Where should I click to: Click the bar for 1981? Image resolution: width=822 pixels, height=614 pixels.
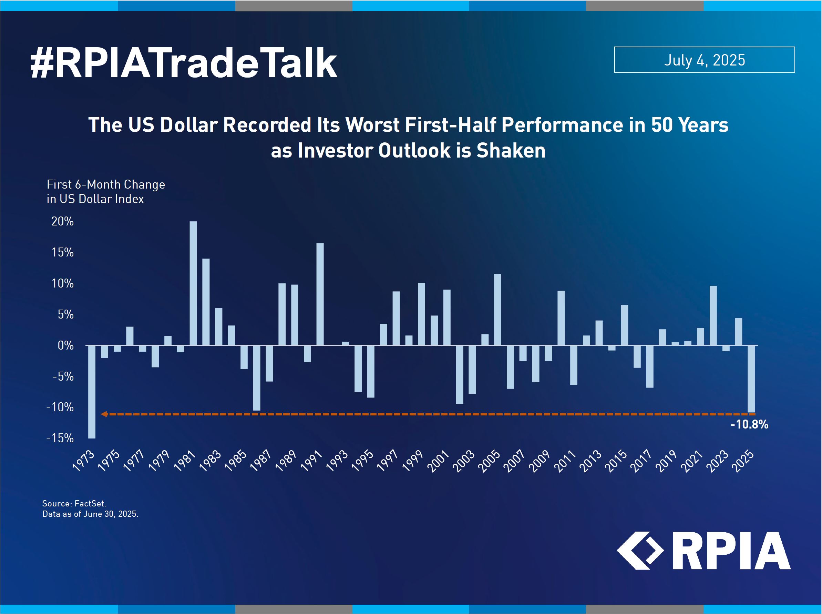point(193,283)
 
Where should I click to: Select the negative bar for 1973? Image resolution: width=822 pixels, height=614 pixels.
point(92,392)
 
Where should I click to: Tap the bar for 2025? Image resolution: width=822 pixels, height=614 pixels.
point(751,379)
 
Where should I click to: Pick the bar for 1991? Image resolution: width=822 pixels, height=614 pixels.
point(320,294)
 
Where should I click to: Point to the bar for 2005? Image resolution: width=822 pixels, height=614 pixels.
point(498,310)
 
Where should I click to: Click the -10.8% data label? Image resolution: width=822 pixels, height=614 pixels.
point(749,424)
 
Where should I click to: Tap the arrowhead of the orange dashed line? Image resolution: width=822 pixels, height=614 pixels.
point(104,414)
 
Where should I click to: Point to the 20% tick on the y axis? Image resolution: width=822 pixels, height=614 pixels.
point(62,222)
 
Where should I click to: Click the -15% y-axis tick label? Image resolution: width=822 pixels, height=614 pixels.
point(60,438)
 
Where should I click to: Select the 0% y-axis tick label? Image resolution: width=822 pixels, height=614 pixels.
point(66,346)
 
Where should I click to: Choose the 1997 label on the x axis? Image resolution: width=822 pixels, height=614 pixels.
point(387,461)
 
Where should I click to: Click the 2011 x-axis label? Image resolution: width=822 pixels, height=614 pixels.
point(565,461)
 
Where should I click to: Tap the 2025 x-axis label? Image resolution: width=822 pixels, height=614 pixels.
point(742,461)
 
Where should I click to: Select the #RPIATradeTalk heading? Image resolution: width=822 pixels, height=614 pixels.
point(184,63)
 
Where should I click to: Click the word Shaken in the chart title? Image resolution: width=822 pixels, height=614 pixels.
point(511,151)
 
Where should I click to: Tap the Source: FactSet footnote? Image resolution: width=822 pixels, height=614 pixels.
point(74,504)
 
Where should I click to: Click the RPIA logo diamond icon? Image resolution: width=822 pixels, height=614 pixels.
point(640,551)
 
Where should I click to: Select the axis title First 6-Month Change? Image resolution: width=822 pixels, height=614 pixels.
point(106,184)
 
